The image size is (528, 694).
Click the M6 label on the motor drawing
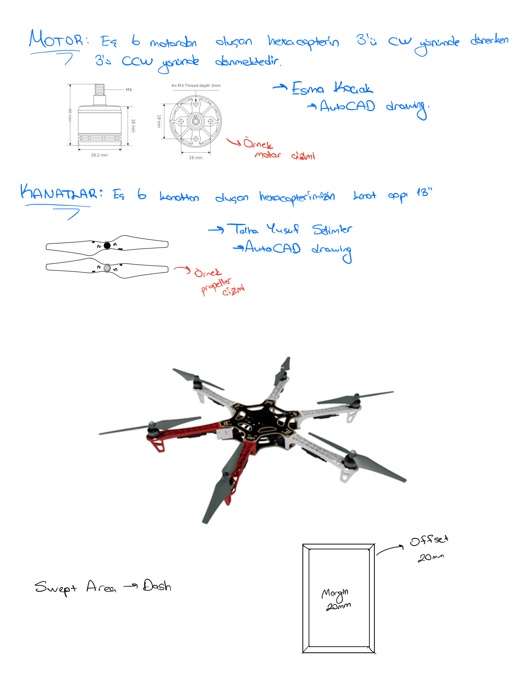(x=129, y=90)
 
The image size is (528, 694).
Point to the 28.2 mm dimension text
(x=99, y=155)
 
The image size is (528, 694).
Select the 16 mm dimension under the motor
(x=196, y=158)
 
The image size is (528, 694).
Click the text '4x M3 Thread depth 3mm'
(x=196, y=86)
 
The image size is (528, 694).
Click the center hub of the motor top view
(x=196, y=121)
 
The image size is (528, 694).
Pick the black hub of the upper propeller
(x=107, y=245)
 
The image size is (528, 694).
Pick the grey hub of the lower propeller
(x=107, y=268)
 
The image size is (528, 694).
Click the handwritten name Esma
(x=307, y=88)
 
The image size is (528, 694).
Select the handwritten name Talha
(x=247, y=229)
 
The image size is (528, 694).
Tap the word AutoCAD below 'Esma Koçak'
(x=347, y=106)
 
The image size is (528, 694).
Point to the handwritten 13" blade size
(x=424, y=192)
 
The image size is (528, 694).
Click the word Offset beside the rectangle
(x=429, y=540)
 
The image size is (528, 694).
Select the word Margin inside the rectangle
(x=335, y=593)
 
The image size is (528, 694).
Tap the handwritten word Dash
(x=157, y=586)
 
